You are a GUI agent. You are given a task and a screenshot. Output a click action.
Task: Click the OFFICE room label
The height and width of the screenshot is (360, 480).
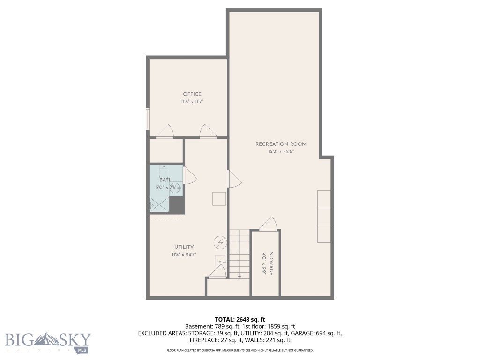coord(192,94)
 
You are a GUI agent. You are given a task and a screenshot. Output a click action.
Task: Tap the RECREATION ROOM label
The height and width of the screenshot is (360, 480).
coord(281,144)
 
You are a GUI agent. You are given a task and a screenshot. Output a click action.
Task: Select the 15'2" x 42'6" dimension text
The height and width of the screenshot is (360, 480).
coord(281,151)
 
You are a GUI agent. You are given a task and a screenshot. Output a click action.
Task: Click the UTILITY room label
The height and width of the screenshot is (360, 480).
coord(184,247)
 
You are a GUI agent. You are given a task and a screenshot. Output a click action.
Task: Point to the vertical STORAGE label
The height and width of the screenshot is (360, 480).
coord(271,264)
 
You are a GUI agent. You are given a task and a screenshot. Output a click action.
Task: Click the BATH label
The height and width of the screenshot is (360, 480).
coord(165,180)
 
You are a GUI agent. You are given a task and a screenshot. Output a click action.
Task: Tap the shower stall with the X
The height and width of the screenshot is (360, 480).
coord(159,205)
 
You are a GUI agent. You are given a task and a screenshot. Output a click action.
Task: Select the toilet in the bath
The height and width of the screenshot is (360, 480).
coord(164,171)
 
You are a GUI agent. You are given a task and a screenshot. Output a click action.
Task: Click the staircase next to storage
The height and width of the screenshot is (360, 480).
coord(239,254)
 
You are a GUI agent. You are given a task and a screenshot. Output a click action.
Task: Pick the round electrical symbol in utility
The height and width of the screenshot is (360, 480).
coord(219,242)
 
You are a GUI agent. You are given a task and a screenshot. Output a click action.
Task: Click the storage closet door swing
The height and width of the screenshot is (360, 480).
coord(268,224)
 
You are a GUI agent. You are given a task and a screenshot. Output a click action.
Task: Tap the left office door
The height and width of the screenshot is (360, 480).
coord(165,132)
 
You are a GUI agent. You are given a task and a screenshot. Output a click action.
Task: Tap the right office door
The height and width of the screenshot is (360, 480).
coord(208,132)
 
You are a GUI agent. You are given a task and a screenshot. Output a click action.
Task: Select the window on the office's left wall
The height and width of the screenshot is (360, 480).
coord(148,119)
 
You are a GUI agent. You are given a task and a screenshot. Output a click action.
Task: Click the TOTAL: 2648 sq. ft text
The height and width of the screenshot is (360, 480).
coord(240,320)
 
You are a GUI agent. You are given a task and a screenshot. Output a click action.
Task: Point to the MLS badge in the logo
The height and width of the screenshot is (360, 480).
coord(82,350)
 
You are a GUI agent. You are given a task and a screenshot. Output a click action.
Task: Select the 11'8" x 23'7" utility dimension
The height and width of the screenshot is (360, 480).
coord(184,255)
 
